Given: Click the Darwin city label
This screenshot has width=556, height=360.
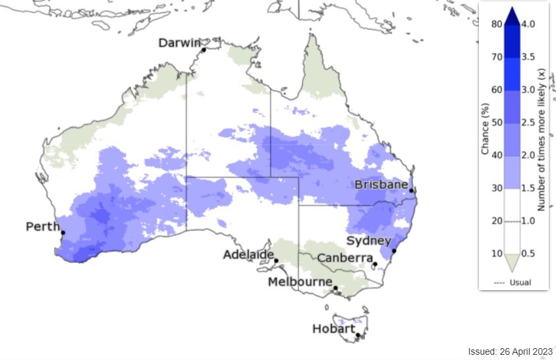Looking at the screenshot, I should [x=179, y=43].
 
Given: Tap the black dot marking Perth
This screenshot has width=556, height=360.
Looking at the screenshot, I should [x=63, y=233].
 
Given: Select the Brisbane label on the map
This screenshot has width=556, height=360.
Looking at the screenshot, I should [x=381, y=185].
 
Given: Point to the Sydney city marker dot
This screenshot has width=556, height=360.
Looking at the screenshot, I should [x=394, y=251].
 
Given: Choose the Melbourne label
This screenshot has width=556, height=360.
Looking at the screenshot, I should [x=299, y=282].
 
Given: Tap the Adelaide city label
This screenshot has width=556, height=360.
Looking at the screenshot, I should [x=248, y=255].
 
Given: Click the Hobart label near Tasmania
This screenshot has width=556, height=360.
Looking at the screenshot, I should [x=333, y=328].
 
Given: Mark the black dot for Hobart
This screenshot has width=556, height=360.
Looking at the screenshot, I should [x=358, y=336].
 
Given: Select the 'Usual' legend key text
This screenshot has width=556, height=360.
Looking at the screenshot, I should [x=519, y=282].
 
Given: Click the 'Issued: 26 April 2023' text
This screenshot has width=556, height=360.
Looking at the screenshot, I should [x=510, y=351].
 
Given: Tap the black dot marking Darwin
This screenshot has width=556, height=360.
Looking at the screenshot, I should [x=204, y=49].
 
